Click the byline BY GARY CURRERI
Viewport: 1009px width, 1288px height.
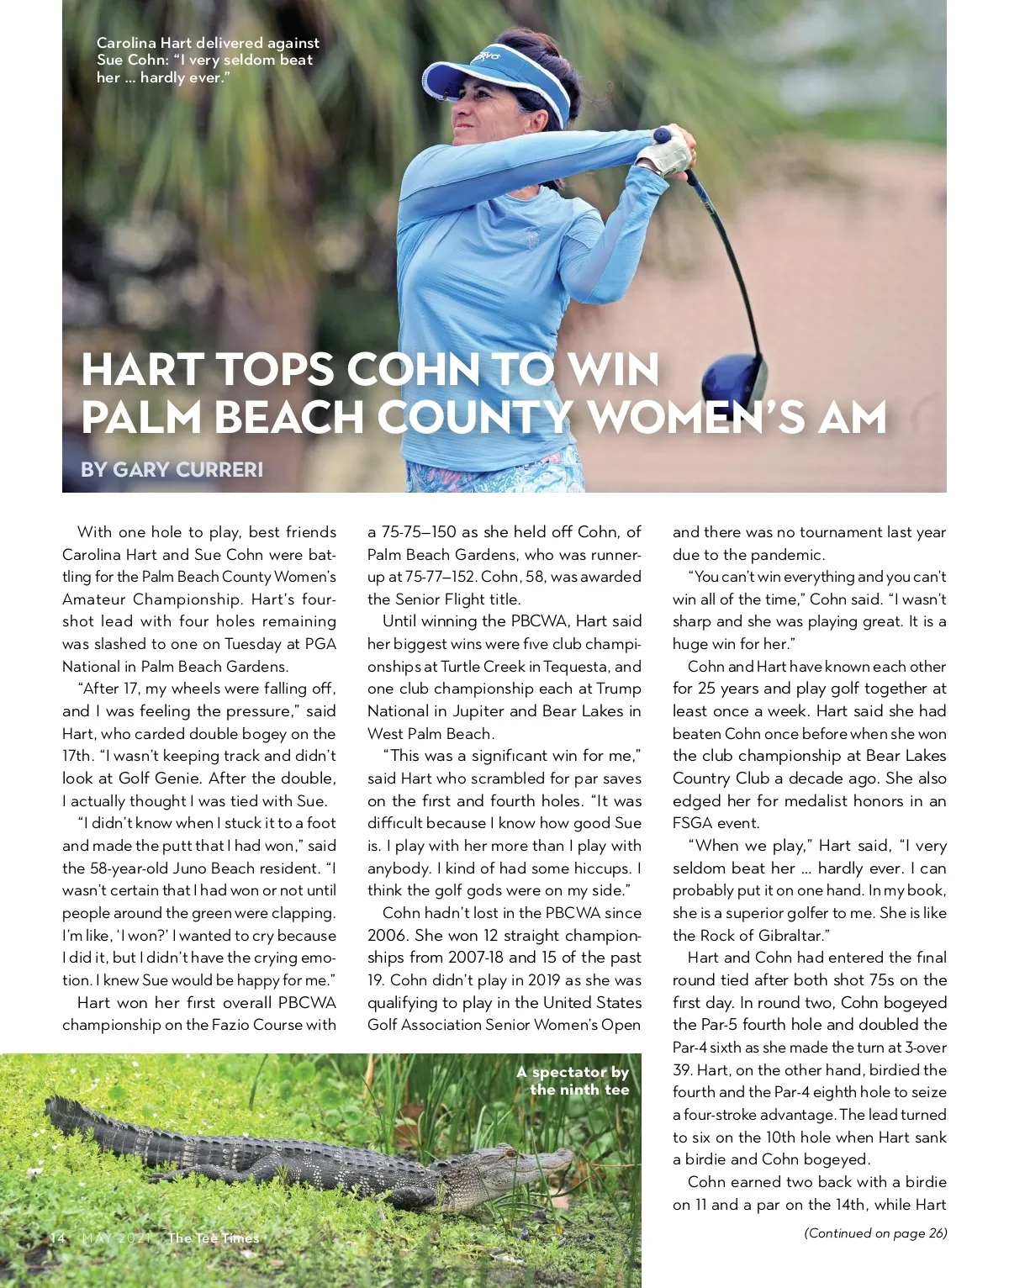coord(172,469)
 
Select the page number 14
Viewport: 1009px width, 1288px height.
coord(57,1238)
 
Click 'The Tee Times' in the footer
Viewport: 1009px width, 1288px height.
coord(214,1238)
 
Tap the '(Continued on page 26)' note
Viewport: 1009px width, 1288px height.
coord(875,1233)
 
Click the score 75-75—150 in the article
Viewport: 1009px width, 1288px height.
coord(419,532)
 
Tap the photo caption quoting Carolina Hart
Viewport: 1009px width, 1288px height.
coord(207,60)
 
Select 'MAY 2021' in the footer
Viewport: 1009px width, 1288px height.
coord(116,1238)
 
